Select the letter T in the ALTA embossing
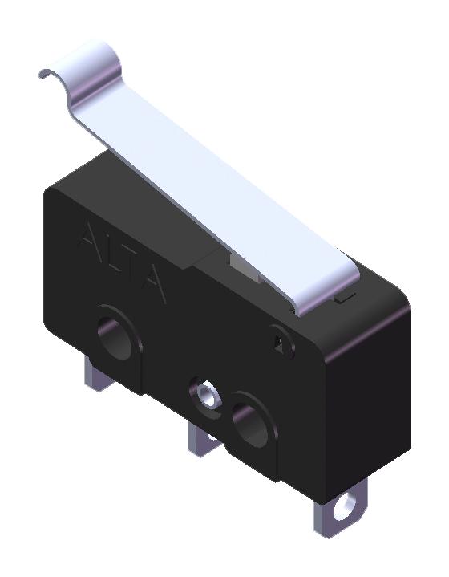point(131,269)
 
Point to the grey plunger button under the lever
point(241,266)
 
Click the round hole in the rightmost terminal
point(347,506)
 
